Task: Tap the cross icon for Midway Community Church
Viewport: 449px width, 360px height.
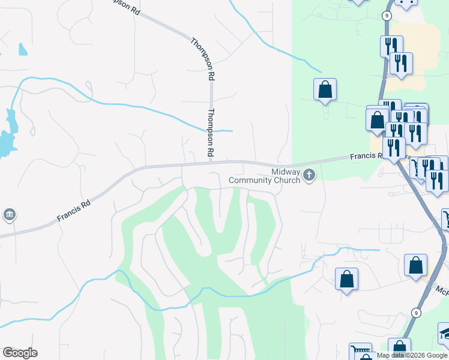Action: tap(310, 175)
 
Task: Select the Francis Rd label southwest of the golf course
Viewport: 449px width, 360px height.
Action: tap(73, 211)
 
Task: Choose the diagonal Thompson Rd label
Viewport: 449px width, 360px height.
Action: tap(203, 60)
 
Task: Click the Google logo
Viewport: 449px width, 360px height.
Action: tap(20, 353)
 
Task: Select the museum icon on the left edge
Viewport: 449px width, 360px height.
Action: tap(9, 214)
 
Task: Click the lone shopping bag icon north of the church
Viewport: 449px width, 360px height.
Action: tap(325, 89)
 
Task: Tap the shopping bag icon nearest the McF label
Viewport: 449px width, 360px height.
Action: tap(415, 265)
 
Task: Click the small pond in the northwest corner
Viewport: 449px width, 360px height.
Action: tap(23, 50)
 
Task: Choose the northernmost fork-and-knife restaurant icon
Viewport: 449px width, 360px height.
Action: tap(391, 46)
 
